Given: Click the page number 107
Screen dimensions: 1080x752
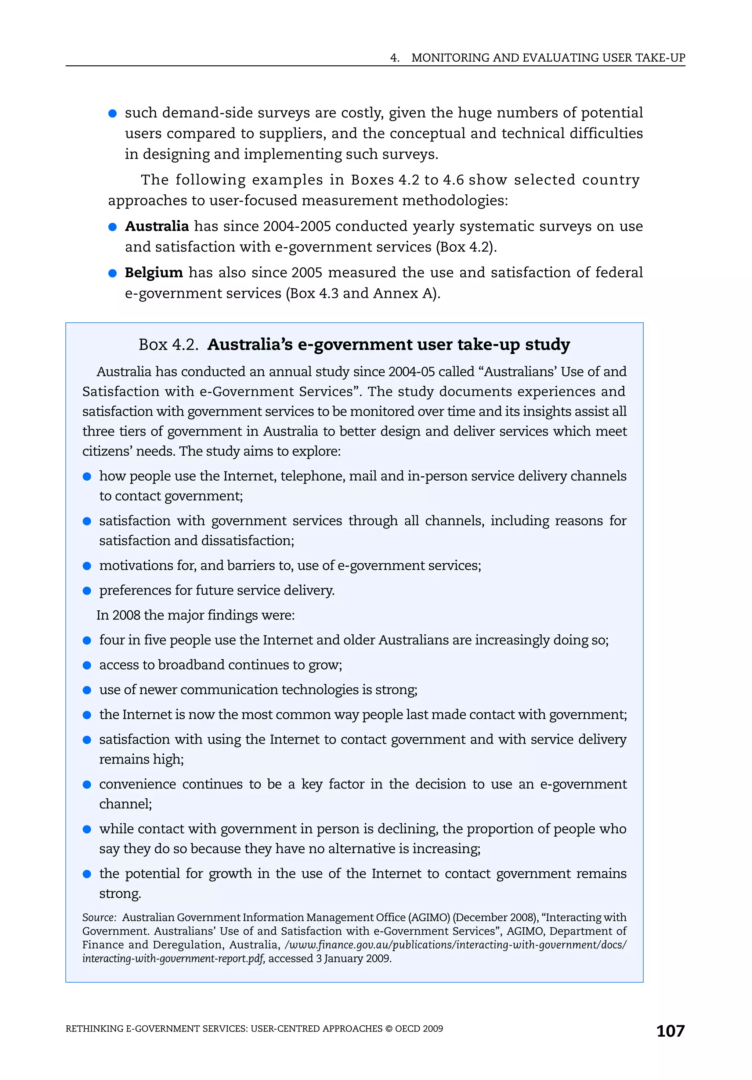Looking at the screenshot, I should point(670,1031).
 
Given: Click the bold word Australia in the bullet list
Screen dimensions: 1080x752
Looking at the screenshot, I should point(157,226).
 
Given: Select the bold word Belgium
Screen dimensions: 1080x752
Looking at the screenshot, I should point(153,273).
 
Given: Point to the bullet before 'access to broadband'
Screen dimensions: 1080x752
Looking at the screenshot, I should point(87,665).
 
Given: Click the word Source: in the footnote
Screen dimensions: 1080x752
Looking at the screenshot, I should point(99,917).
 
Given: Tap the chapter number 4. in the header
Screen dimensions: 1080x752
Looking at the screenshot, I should point(395,58).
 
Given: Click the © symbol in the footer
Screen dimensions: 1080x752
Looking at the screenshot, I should point(388,1029).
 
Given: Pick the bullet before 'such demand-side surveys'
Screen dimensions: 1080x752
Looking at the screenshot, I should point(112,113).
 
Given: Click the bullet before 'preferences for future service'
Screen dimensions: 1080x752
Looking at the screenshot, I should point(87,591).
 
